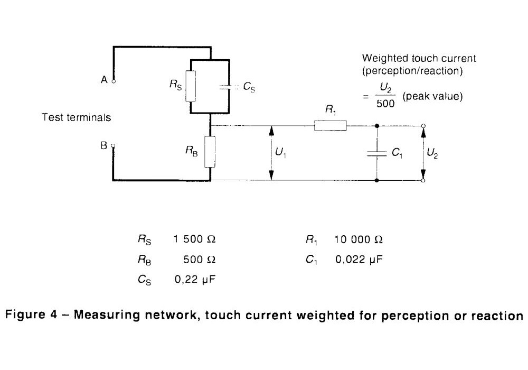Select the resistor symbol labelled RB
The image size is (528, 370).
(x=210, y=151)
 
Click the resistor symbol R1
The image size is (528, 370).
(x=330, y=126)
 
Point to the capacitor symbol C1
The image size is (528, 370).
(x=376, y=153)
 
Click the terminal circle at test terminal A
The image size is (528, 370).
(x=113, y=81)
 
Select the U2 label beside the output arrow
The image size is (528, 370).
(x=432, y=153)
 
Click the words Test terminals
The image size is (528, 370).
(x=77, y=117)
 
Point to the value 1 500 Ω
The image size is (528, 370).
(x=195, y=239)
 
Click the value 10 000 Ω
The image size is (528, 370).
(x=359, y=239)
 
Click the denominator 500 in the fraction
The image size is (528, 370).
(x=385, y=104)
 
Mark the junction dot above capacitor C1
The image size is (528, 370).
(x=376, y=126)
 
